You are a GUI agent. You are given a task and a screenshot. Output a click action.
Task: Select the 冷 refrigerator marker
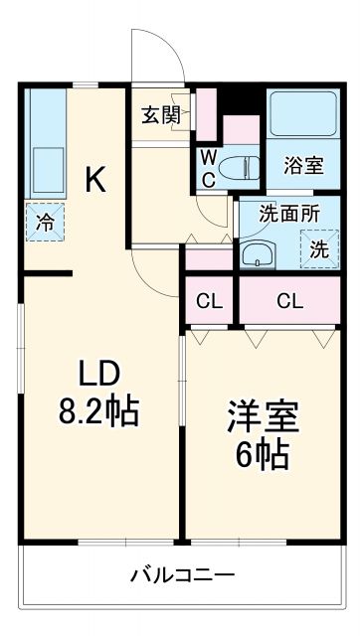(45, 223)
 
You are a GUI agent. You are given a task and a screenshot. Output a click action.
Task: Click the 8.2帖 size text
(99, 408)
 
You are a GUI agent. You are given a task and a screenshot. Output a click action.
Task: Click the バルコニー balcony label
(182, 575)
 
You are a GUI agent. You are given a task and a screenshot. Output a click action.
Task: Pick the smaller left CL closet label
(208, 300)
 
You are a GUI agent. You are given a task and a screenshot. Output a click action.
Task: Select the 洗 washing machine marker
(317, 249)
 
